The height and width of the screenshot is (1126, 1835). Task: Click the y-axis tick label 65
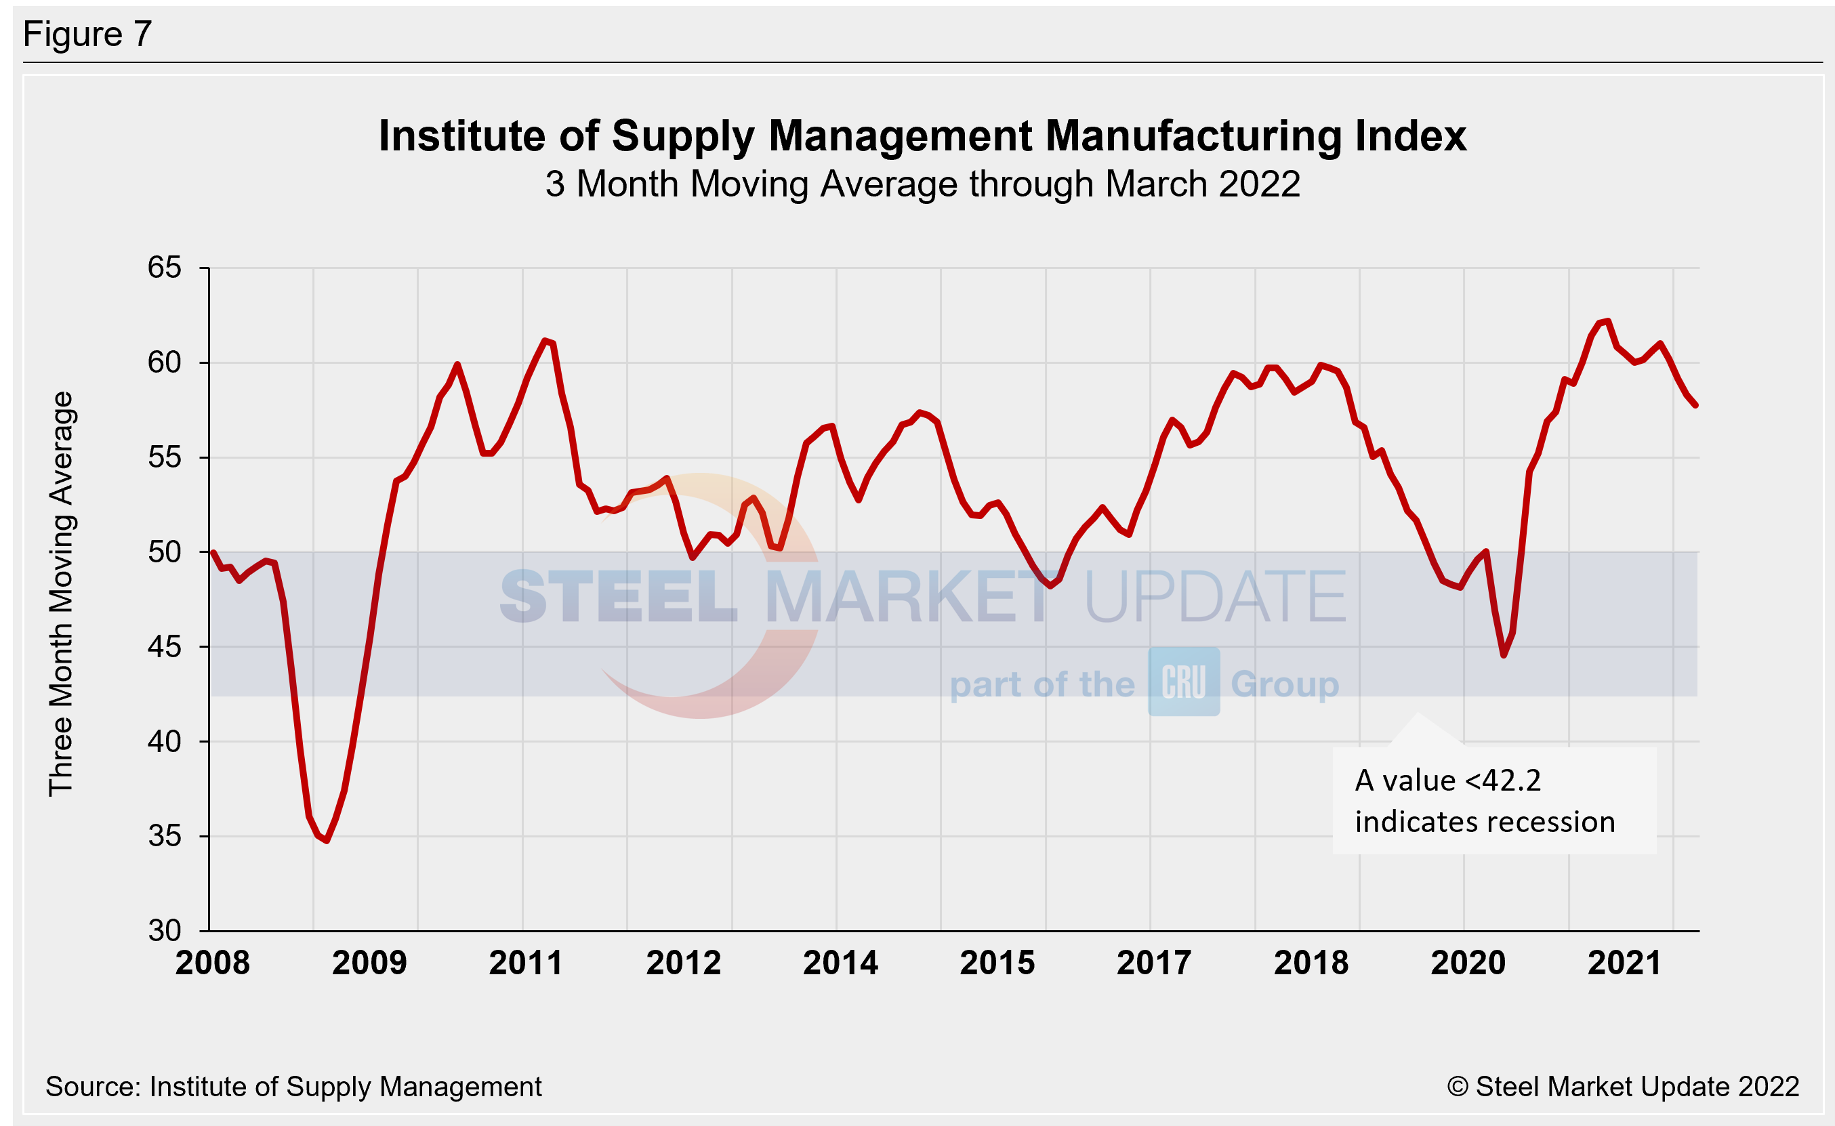click(164, 268)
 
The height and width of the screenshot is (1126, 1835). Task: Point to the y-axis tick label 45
click(164, 646)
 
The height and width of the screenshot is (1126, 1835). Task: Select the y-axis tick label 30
click(164, 930)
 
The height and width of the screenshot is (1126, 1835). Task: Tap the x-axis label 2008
click(212, 963)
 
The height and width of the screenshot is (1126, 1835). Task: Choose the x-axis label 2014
click(840, 963)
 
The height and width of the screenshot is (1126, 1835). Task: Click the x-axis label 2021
click(1624, 963)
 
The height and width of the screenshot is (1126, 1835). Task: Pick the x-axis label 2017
click(1153, 963)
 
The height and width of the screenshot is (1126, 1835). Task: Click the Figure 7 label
click(87, 35)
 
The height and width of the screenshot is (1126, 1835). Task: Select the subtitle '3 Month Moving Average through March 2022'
click(922, 184)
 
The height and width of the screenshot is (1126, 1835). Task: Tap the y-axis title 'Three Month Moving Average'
click(61, 593)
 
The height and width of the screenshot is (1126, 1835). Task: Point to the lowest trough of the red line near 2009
click(326, 840)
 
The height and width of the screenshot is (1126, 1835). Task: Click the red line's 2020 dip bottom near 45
click(1504, 655)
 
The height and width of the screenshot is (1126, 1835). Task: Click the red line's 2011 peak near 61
click(546, 341)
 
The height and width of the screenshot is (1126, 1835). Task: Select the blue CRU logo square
click(1183, 682)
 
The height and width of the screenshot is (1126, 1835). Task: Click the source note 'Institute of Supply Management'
click(345, 1087)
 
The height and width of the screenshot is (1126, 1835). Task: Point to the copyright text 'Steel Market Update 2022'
click(1637, 1087)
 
